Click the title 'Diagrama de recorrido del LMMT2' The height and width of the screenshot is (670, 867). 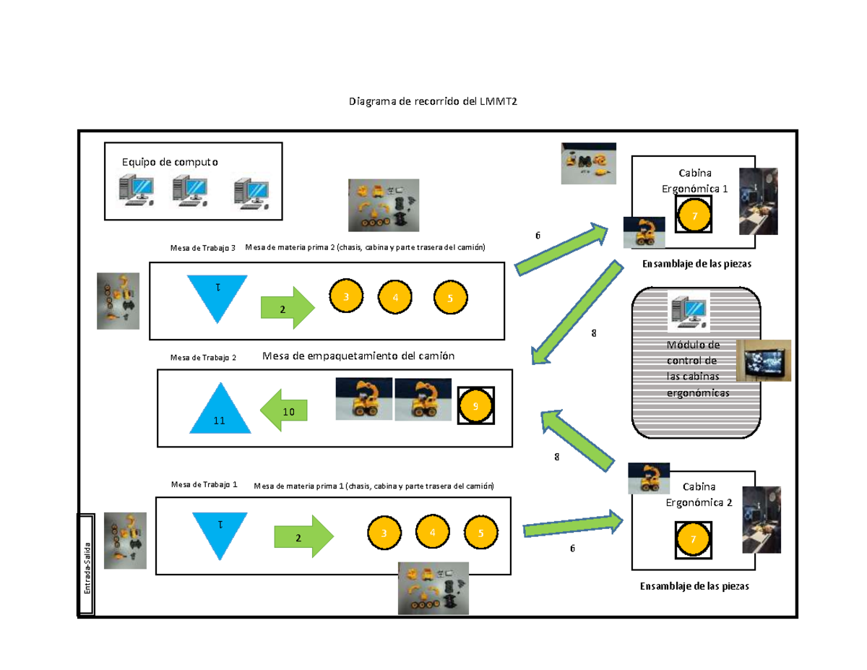(x=433, y=102)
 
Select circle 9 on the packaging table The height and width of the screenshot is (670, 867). (x=475, y=406)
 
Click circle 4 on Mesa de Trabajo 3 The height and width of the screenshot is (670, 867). (x=395, y=297)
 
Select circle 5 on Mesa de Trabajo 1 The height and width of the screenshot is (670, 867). (x=480, y=533)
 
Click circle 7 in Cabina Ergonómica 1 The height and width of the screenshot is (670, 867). (x=694, y=215)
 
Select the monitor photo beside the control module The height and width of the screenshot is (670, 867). (x=763, y=360)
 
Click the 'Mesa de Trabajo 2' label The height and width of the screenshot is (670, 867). (x=203, y=357)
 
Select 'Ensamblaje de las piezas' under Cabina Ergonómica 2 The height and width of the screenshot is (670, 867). (x=694, y=586)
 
